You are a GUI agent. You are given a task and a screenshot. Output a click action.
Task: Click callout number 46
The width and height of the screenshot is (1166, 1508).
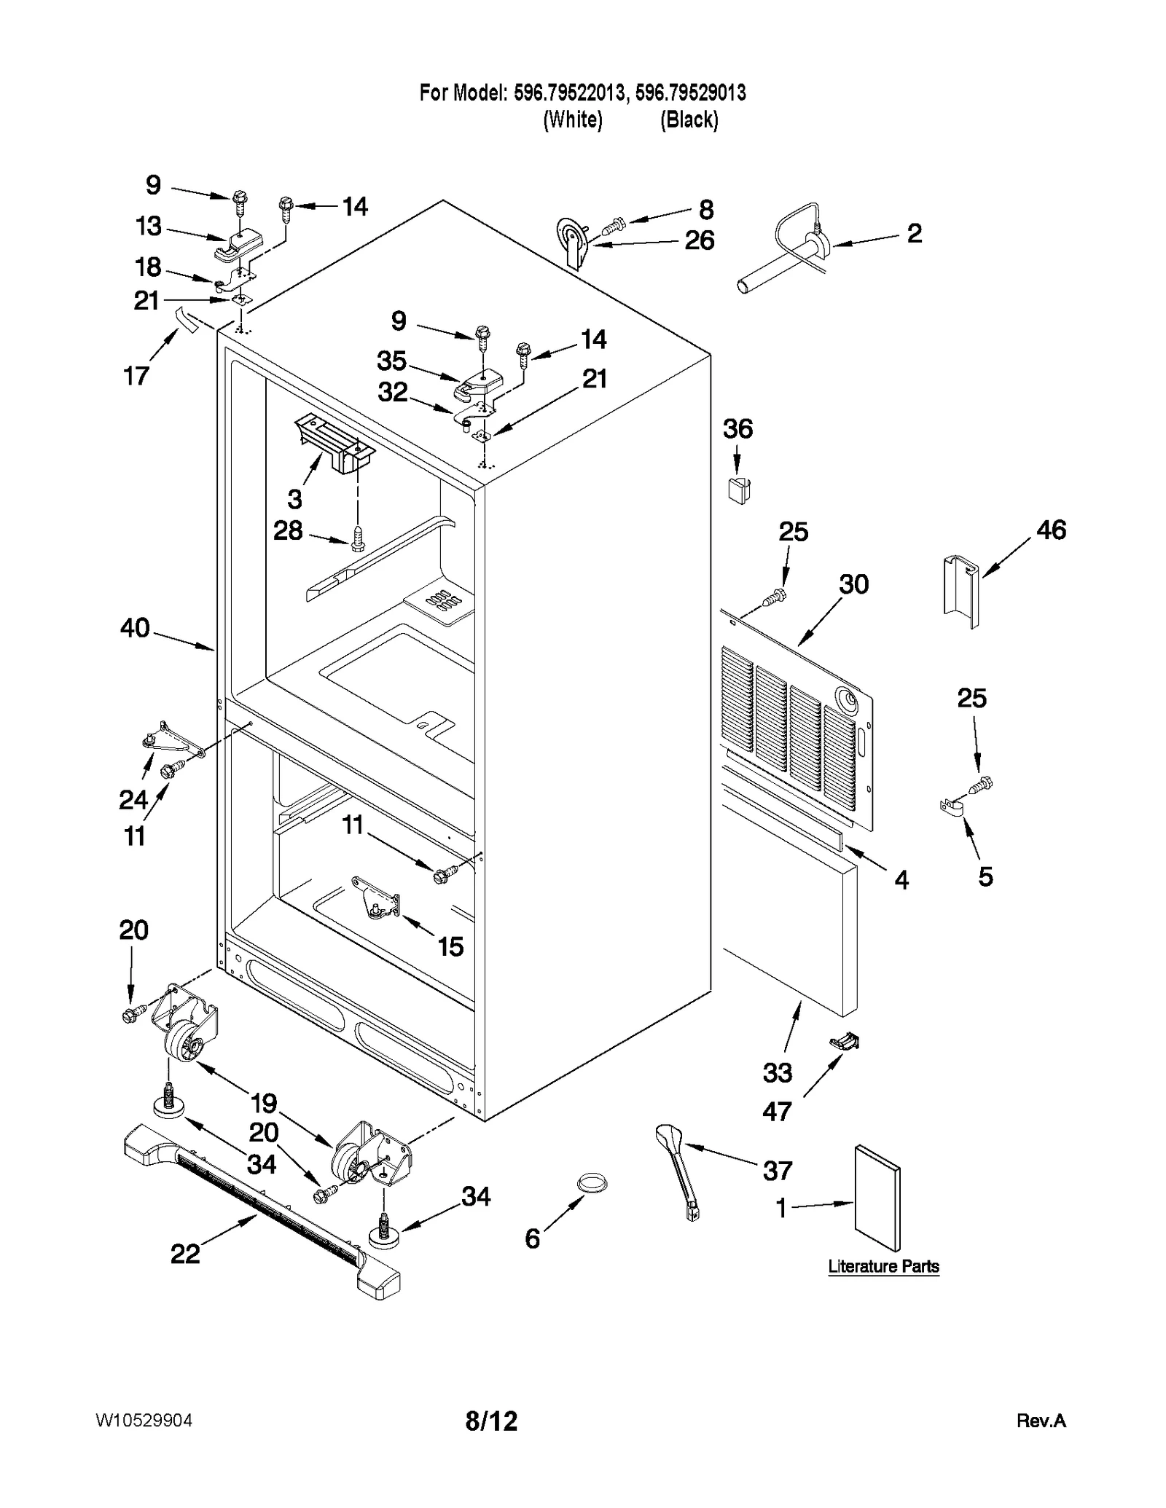[x=1051, y=530]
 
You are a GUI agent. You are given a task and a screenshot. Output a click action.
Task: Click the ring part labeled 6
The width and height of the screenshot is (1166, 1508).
[x=592, y=1183]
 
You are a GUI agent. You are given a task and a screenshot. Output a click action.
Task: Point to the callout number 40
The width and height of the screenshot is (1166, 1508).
[x=135, y=628]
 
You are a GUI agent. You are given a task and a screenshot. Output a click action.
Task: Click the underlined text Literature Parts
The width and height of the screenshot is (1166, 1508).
[x=883, y=1266]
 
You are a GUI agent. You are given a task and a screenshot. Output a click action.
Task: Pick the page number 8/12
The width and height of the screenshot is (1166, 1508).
[x=491, y=1421]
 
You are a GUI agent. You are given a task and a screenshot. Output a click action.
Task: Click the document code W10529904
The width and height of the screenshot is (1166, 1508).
[x=144, y=1421]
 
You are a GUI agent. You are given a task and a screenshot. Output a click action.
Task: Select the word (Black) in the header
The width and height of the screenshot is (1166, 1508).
[x=689, y=119]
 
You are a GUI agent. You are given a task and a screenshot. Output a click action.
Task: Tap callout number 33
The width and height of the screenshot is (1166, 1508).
[x=777, y=1073]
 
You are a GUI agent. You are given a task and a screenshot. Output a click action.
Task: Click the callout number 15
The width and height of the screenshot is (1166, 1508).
[x=450, y=946]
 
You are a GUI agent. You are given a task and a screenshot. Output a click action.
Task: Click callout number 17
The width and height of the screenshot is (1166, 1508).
[x=136, y=376]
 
